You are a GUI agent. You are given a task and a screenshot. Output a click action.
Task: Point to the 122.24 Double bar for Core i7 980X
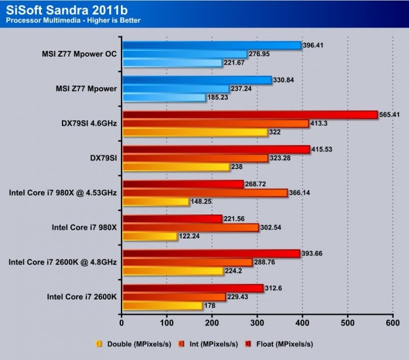coord(150,236)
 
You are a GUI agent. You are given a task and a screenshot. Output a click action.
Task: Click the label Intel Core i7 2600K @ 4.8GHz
coord(63,262)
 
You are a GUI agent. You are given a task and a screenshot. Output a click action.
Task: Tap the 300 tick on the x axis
coord(257,322)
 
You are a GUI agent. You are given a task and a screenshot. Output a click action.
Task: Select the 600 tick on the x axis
coord(393,322)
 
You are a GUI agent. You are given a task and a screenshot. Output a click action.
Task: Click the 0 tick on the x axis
coord(122,322)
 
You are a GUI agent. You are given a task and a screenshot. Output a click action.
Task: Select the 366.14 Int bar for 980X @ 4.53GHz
coord(204,193)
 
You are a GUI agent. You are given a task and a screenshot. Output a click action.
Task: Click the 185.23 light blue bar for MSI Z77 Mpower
coord(164,98)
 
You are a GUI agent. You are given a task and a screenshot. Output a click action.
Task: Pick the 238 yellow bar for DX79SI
coord(175,167)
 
